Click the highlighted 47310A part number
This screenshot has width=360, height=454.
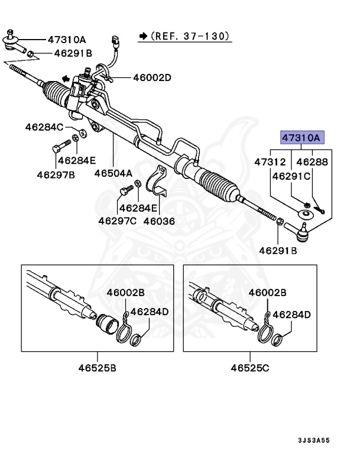tap(301, 138)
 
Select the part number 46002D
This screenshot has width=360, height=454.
tap(152, 77)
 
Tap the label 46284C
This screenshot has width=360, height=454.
tap(44, 127)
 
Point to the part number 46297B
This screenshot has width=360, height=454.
tap(56, 174)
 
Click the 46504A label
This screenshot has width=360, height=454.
tap(113, 174)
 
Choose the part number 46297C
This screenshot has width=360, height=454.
tap(117, 220)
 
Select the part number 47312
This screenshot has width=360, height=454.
tap(270, 161)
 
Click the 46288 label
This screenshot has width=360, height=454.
tap(311, 161)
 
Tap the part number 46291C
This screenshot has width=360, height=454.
tap(291, 176)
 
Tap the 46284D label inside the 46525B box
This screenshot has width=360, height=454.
tap(149, 312)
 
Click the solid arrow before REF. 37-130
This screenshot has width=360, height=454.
tap(143, 37)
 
